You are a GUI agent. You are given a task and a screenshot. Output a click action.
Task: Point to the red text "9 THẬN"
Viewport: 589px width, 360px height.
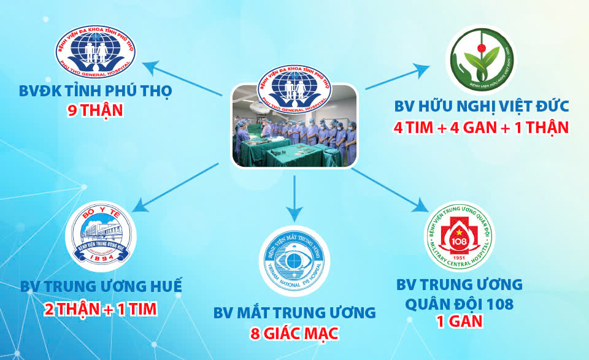click(x=94, y=111)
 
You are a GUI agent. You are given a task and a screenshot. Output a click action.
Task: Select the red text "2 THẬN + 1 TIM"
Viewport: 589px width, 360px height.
click(x=101, y=308)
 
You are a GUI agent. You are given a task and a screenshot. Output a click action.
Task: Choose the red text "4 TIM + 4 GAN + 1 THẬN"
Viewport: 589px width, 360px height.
click(x=481, y=128)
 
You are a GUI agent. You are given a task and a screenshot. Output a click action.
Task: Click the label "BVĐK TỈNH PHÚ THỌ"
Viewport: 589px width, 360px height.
click(x=94, y=92)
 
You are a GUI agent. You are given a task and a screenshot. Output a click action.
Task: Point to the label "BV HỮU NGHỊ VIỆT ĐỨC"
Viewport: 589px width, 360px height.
click(x=481, y=107)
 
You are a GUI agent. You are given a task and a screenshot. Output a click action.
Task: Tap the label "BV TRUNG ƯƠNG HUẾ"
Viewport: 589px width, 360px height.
click(x=101, y=287)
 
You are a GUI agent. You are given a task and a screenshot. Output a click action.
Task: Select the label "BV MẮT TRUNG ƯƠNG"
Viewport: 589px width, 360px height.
click(x=294, y=313)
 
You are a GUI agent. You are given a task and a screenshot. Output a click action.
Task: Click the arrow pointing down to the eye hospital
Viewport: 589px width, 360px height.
click(x=294, y=212)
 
